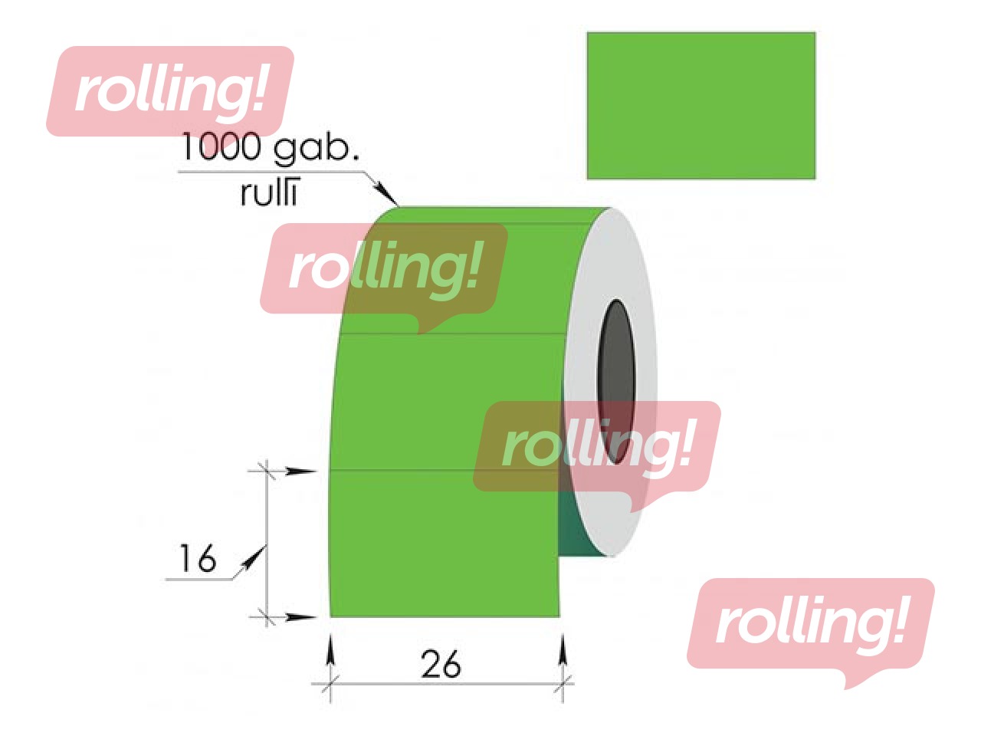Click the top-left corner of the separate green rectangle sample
point(587,32)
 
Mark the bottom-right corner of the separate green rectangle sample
point(816,179)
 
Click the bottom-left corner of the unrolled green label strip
point(330,617)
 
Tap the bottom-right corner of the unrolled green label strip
point(560,617)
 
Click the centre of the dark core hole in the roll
point(616,381)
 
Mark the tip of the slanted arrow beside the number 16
point(266,545)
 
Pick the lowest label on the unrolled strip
point(445,544)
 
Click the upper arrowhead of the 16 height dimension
point(301,471)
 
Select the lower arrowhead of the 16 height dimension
point(301,618)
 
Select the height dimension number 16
point(198,558)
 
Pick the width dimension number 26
point(441,665)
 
